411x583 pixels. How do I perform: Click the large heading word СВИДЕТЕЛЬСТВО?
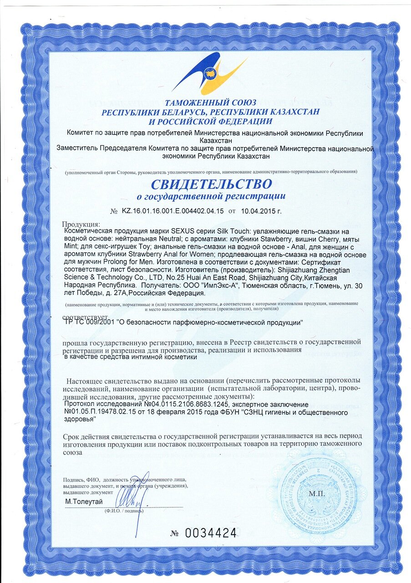(212, 184)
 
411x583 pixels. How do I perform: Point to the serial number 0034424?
(211, 532)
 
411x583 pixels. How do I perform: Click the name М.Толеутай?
(84, 501)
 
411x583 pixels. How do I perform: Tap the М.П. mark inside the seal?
(315, 493)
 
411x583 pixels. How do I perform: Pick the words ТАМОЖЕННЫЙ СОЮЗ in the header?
(211, 102)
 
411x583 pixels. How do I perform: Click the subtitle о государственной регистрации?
(211, 197)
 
